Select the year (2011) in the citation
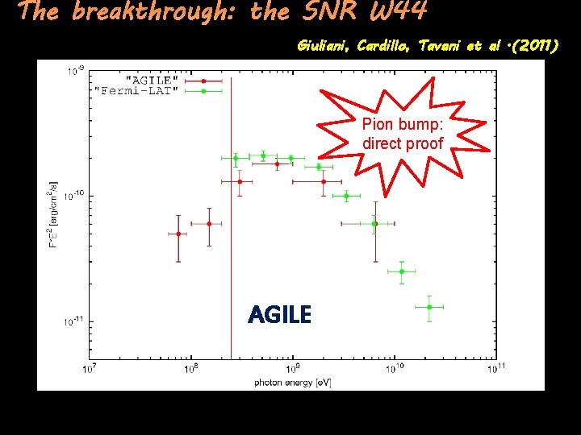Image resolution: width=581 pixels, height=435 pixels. click(529, 46)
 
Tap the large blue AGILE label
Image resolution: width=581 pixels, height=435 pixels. click(279, 315)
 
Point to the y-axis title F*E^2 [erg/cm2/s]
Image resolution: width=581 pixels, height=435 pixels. click(54, 214)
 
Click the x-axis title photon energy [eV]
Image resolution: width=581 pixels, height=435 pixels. click(292, 381)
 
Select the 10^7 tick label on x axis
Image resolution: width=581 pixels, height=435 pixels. click(90, 370)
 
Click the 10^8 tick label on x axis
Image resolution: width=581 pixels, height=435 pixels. click(191, 370)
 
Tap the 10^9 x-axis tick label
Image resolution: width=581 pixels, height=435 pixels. click(292, 370)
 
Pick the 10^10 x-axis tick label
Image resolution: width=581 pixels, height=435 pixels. click(394, 370)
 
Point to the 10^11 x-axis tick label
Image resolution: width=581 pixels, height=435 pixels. click(495, 370)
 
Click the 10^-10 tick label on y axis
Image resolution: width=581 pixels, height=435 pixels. click(73, 196)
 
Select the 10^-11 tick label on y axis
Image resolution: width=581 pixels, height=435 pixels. click(73, 321)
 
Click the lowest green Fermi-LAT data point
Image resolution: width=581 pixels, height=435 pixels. click(429, 307)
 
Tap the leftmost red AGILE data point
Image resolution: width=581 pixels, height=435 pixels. click(178, 234)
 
